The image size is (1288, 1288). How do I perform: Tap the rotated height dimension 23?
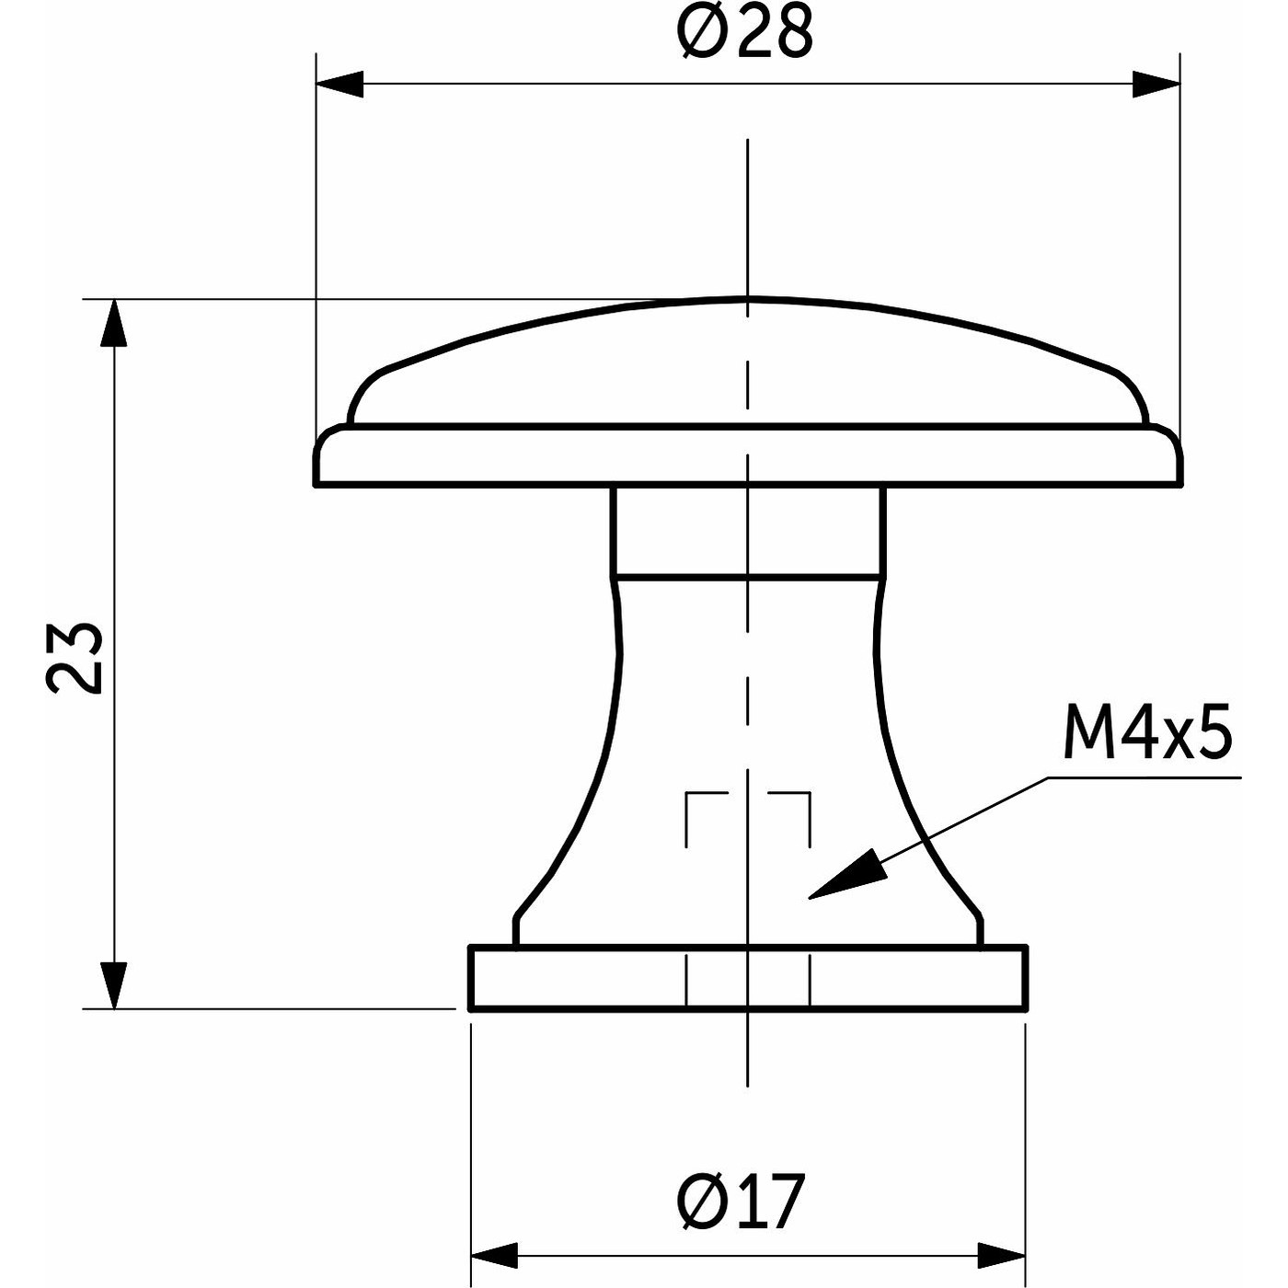click(75, 657)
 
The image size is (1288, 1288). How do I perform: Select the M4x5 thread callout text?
click(1146, 734)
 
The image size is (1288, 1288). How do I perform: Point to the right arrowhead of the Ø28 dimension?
click(1156, 84)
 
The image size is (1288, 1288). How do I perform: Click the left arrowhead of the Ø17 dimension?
click(493, 1255)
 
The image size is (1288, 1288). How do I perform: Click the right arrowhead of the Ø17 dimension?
click(1002, 1255)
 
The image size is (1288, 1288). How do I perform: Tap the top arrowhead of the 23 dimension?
click(113, 324)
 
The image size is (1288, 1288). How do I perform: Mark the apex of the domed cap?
click(747, 299)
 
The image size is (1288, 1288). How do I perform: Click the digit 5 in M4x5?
click(1212, 734)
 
